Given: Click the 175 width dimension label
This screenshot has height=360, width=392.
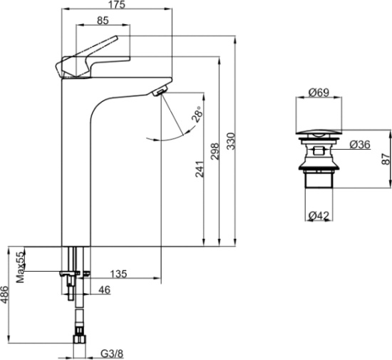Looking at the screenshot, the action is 118,4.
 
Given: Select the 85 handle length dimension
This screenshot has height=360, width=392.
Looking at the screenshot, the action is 103,21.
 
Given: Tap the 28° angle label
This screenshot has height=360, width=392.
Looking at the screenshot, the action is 197,114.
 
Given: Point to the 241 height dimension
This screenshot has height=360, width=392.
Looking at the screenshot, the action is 200,169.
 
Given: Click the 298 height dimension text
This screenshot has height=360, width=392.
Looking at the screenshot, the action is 215,151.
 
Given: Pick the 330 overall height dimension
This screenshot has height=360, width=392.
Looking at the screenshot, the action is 231,141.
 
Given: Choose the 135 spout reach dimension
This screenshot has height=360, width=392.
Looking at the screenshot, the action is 118,274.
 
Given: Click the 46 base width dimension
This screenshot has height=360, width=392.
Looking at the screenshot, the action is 105,290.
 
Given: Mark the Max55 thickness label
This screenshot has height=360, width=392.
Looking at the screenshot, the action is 21,267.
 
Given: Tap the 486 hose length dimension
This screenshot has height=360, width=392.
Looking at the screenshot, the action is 5,294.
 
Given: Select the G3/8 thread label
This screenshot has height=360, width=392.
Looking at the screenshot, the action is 112,354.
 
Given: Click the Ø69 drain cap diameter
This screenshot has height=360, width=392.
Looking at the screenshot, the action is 319,93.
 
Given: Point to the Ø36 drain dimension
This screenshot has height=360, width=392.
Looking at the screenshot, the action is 360,145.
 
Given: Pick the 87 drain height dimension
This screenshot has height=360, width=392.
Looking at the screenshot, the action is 386,159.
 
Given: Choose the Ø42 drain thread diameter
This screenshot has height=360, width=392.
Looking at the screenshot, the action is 319,215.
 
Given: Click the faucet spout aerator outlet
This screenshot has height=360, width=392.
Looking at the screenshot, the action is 160,91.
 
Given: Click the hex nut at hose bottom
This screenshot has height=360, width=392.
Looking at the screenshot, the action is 80,340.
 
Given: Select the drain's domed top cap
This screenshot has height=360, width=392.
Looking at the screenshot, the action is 319,133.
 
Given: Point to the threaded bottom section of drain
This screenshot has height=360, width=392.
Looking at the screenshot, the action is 319,179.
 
